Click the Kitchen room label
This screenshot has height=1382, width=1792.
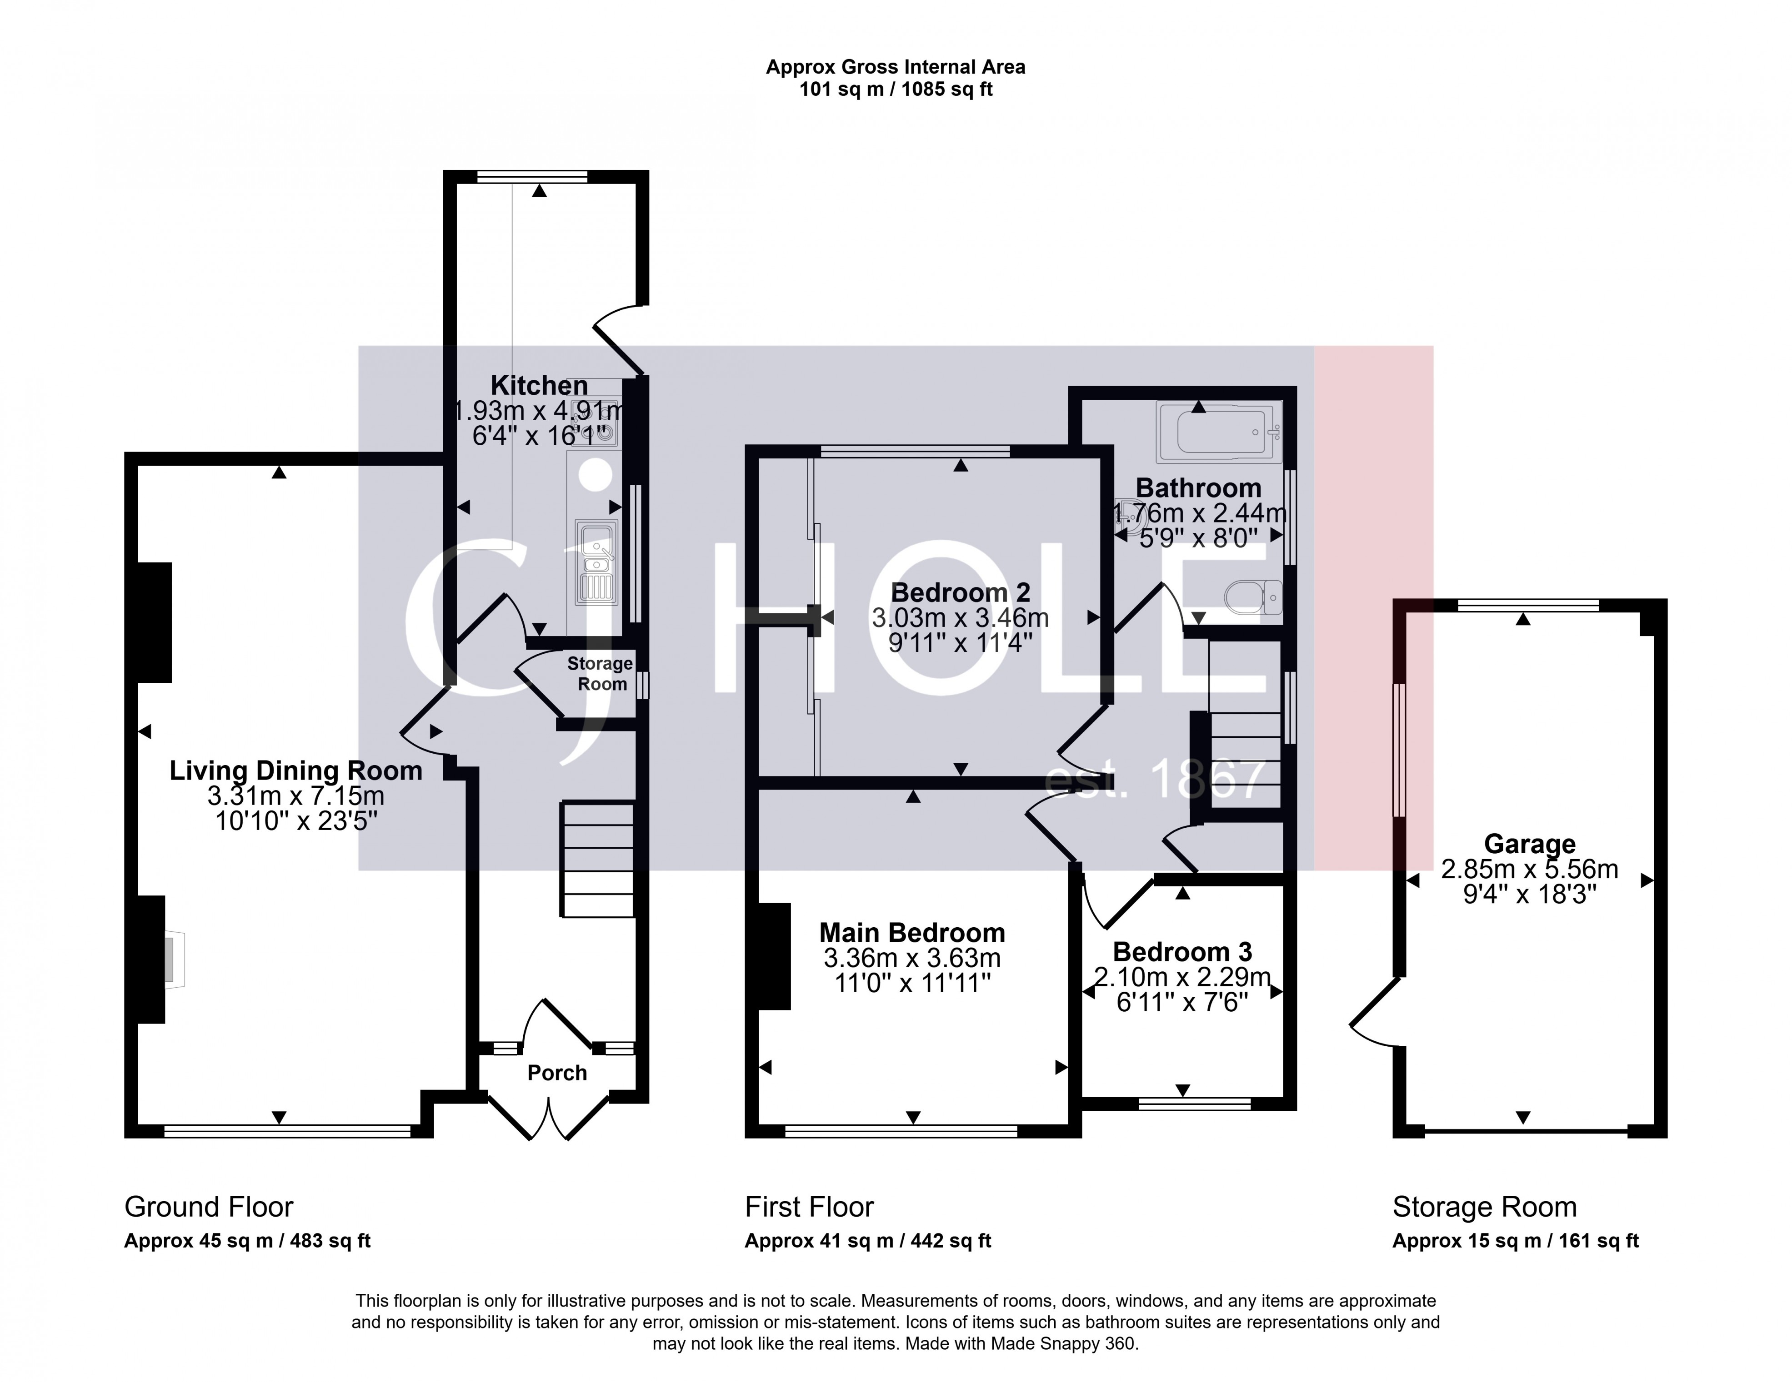pos(539,386)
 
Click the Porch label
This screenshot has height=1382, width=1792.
pos(557,1073)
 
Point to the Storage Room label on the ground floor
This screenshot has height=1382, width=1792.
pos(601,673)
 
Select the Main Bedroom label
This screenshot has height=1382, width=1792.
pos(911,933)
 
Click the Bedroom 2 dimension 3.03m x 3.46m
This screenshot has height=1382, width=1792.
pos(960,617)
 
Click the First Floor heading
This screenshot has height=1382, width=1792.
pos(809,1207)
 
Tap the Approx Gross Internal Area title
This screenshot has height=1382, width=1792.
pos(895,67)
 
